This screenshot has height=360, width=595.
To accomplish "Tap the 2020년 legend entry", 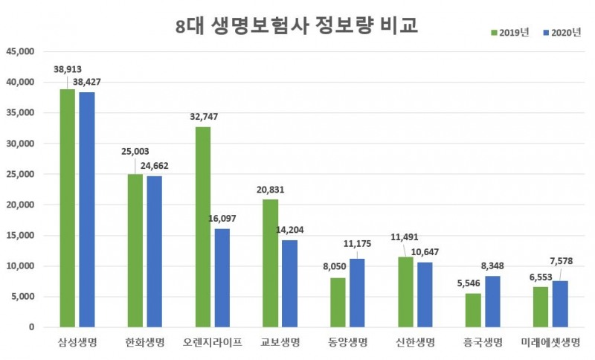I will (x=563, y=32).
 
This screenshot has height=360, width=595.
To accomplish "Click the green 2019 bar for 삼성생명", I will (x=68, y=208).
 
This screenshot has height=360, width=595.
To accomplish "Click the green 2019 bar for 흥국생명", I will (x=473, y=310).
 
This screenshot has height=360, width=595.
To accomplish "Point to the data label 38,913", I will (x=68, y=68).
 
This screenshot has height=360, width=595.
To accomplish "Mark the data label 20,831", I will (x=270, y=190).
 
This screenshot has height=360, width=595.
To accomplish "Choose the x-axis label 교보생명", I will (x=280, y=343).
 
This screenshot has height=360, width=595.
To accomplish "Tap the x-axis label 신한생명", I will (x=416, y=343).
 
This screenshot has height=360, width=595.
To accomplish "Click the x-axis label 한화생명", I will (x=145, y=343).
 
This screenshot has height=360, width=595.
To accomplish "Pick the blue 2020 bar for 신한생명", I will (x=425, y=295).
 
